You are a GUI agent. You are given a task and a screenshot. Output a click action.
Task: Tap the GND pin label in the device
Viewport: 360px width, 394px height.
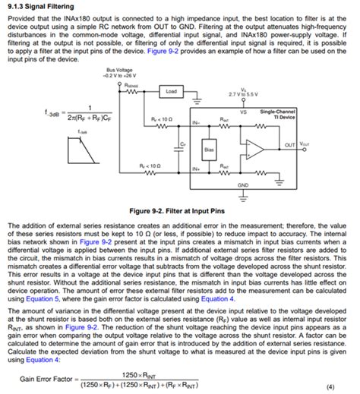pos(243,184)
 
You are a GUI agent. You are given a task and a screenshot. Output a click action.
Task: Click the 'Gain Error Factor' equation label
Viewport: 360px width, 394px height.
pos(46,377)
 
